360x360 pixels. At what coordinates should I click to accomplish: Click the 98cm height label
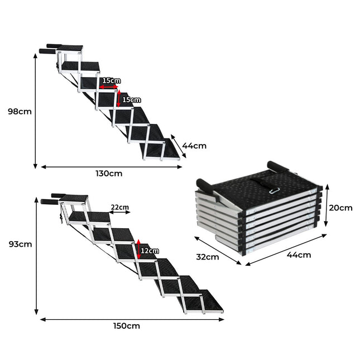click(20, 112)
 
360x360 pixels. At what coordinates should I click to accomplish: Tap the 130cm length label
click(109, 174)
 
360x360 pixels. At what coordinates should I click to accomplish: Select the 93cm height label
click(21, 244)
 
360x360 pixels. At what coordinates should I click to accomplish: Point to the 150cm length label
click(127, 326)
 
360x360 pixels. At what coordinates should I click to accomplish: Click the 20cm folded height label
click(340, 208)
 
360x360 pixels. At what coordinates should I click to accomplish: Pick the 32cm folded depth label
click(208, 257)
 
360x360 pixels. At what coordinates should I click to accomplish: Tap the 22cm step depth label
click(120, 207)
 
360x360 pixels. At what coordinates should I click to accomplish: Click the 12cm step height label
click(150, 251)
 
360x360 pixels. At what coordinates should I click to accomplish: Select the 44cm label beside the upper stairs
click(194, 146)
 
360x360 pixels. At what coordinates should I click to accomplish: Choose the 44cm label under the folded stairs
click(299, 255)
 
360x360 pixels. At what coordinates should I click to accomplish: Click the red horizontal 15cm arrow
click(109, 87)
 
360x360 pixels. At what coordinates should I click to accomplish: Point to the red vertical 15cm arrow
click(118, 98)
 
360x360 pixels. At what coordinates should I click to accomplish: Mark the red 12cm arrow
click(138, 249)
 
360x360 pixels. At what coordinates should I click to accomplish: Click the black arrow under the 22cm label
click(119, 213)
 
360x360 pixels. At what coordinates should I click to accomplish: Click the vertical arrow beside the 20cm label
click(327, 205)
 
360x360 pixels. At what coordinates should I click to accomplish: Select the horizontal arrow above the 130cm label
click(112, 167)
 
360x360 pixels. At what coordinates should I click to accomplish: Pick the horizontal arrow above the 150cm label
click(132, 319)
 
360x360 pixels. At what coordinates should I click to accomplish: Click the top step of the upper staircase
click(70, 48)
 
